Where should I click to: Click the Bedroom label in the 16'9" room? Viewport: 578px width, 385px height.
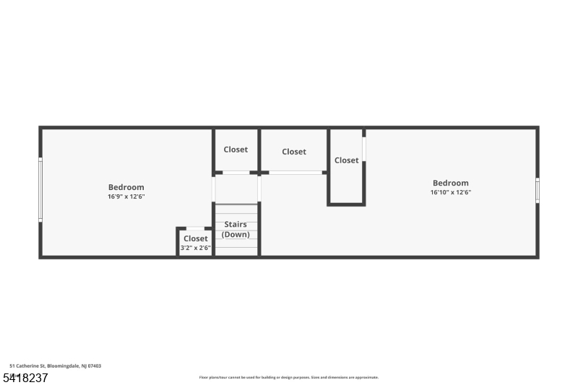point(126,187)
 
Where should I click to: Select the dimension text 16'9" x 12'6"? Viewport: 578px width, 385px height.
point(126,196)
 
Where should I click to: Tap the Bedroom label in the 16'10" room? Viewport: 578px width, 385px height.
point(451,183)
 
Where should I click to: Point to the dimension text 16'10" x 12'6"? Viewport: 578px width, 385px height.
point(451,193)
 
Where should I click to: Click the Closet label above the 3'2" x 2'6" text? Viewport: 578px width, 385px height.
point(195,238)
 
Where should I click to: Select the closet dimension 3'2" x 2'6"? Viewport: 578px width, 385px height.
point(195,248)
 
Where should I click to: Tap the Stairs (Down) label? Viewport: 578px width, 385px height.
point(236,230)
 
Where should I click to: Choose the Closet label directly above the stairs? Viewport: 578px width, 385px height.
point(236,150)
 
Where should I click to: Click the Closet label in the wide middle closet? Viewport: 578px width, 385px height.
point(294,152)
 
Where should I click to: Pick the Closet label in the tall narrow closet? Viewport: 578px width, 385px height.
point(347,160)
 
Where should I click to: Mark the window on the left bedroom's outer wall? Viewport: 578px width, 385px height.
point(40,189)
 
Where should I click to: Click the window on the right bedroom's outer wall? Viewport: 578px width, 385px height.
point(537,190)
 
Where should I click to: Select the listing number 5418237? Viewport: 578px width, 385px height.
point(25,378)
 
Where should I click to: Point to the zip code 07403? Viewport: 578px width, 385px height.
point(95,366)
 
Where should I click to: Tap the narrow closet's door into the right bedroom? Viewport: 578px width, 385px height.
point(364,149)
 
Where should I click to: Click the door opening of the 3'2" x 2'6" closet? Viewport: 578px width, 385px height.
point(195,229)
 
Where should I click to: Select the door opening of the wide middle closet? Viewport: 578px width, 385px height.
point(296,173)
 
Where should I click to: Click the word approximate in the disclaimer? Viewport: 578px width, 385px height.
point(366,378)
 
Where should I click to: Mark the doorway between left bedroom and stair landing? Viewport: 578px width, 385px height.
point(214,188)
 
